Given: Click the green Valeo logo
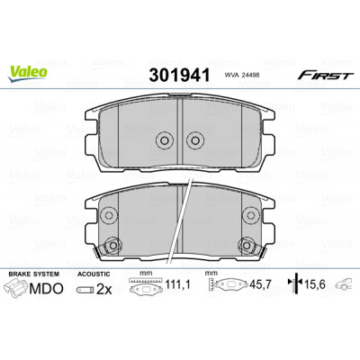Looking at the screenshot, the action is [28, 74].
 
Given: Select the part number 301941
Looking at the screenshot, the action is [179, 76].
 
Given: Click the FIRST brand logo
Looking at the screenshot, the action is [324, 76].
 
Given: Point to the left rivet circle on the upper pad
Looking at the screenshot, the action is [165, 140].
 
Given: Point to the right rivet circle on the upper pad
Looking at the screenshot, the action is [194, 140].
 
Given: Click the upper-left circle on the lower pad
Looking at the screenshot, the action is [109, 215].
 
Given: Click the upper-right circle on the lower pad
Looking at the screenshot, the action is [250, 215].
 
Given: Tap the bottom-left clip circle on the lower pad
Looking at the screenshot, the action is [112, 246].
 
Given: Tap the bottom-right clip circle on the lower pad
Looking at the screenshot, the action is [247, 246].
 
